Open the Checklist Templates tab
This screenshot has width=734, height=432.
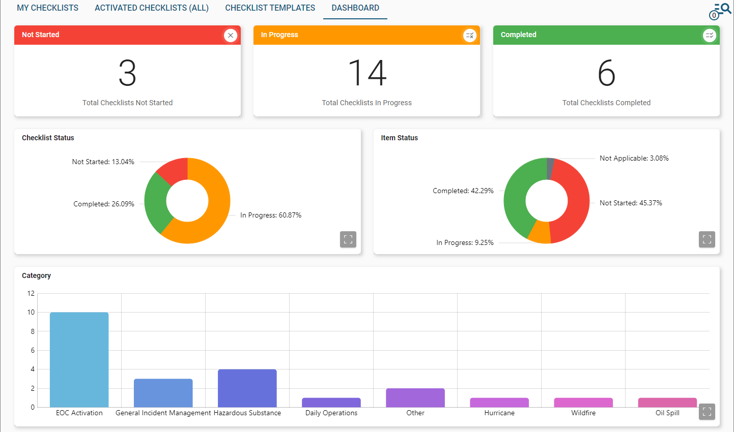[270, 8]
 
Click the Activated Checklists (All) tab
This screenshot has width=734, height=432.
[151, 8]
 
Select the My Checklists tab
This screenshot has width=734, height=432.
[47, 8]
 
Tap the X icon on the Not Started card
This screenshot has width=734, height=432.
[231, 35]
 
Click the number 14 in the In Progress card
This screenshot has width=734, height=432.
[367, 73]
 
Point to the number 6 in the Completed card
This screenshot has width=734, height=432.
[606, 73]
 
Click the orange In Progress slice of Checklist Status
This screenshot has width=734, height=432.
[214, 219]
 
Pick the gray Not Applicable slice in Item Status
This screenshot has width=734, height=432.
[550, 168]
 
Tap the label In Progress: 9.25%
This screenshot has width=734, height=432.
[465, 243]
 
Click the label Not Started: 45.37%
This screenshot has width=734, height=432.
[631, 203]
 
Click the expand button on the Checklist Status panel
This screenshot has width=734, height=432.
[348, 239]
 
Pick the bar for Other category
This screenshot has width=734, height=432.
[415, 397]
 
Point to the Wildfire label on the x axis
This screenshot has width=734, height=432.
[583, 413]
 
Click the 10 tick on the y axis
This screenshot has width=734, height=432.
[31, 313]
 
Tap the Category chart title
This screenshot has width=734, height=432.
[36, 275]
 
